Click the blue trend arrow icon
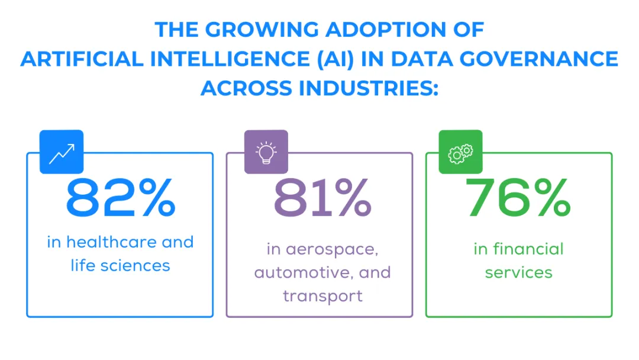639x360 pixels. point(62,152)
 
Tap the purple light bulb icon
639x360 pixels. point(266,152)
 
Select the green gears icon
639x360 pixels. point(460,152)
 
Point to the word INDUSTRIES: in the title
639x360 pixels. point(368,88)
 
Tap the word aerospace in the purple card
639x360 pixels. point(330,249)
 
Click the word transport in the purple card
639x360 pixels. point(322,295)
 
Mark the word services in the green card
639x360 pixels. point(519,272)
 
